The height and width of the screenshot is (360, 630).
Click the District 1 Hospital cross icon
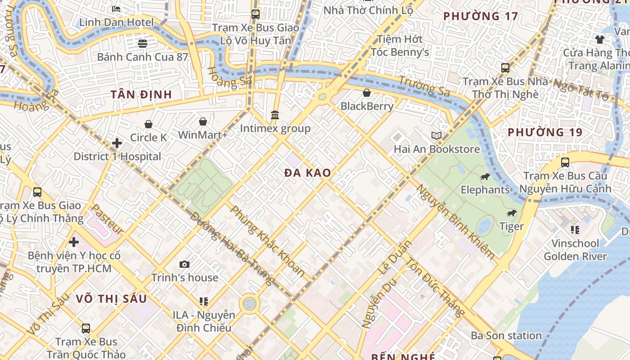pos(117,143)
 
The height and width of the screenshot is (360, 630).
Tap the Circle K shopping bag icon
pos(148,124)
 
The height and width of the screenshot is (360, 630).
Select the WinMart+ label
pos(203,135)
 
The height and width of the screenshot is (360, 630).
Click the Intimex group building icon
pos(275,115)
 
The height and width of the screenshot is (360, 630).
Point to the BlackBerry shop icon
pos(367,93)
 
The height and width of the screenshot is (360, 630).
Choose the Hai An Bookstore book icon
pos(436,135)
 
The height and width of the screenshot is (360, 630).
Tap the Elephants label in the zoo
pos(485,190)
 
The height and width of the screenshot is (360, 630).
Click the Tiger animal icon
pos(511,213)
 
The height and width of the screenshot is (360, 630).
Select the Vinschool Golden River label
pos(575,250)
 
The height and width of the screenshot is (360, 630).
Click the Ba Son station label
pos(506,336)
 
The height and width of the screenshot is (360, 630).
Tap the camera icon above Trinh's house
pos(184,264)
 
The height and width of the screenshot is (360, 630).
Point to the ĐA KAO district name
pos(308,173)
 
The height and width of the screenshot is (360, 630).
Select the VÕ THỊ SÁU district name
pos(111,299)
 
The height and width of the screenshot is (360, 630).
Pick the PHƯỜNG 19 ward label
pos(545,133)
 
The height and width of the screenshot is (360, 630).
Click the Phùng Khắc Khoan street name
pos(268,241)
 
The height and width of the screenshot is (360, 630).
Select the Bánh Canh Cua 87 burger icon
pos(143,44)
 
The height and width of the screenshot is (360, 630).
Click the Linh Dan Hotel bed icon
pos(116,9)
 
